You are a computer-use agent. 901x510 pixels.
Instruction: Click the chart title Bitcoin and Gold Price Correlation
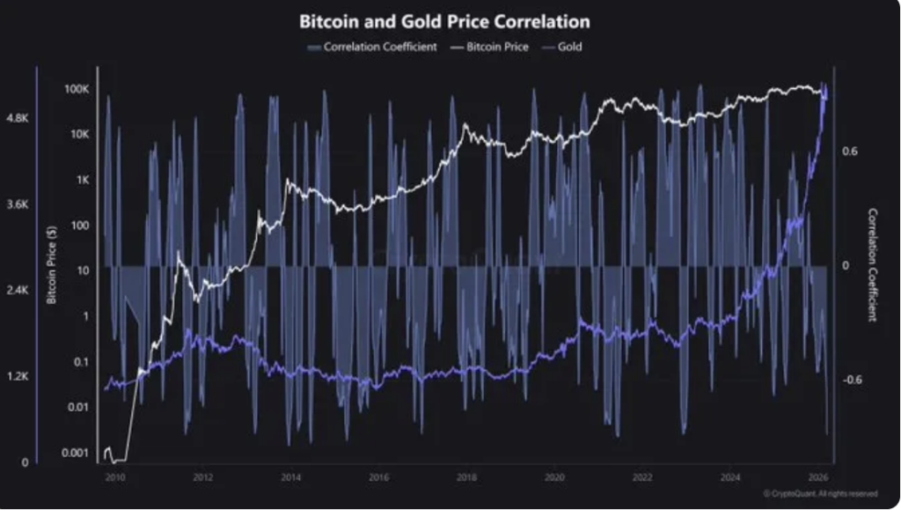coord(444,20)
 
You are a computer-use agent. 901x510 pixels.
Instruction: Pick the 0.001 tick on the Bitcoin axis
coord(76,453)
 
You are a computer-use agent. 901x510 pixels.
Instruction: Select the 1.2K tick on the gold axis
coord(18,376)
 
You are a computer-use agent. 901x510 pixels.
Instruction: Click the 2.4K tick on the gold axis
coord(18,290)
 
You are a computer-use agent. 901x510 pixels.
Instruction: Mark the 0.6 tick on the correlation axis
coord(849,152)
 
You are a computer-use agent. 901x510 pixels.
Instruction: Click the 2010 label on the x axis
coord(115,477)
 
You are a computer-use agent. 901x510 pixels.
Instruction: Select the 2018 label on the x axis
coord(466,477)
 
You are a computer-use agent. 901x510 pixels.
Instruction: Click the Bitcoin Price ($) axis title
coord(51,263)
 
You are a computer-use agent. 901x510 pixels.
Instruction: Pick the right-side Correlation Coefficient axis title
coord(873,265)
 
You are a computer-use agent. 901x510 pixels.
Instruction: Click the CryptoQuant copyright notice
coord(819,494)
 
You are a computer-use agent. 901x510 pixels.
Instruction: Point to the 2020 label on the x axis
coord(554,477)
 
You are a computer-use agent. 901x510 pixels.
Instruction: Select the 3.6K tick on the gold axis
coord(18,203)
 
